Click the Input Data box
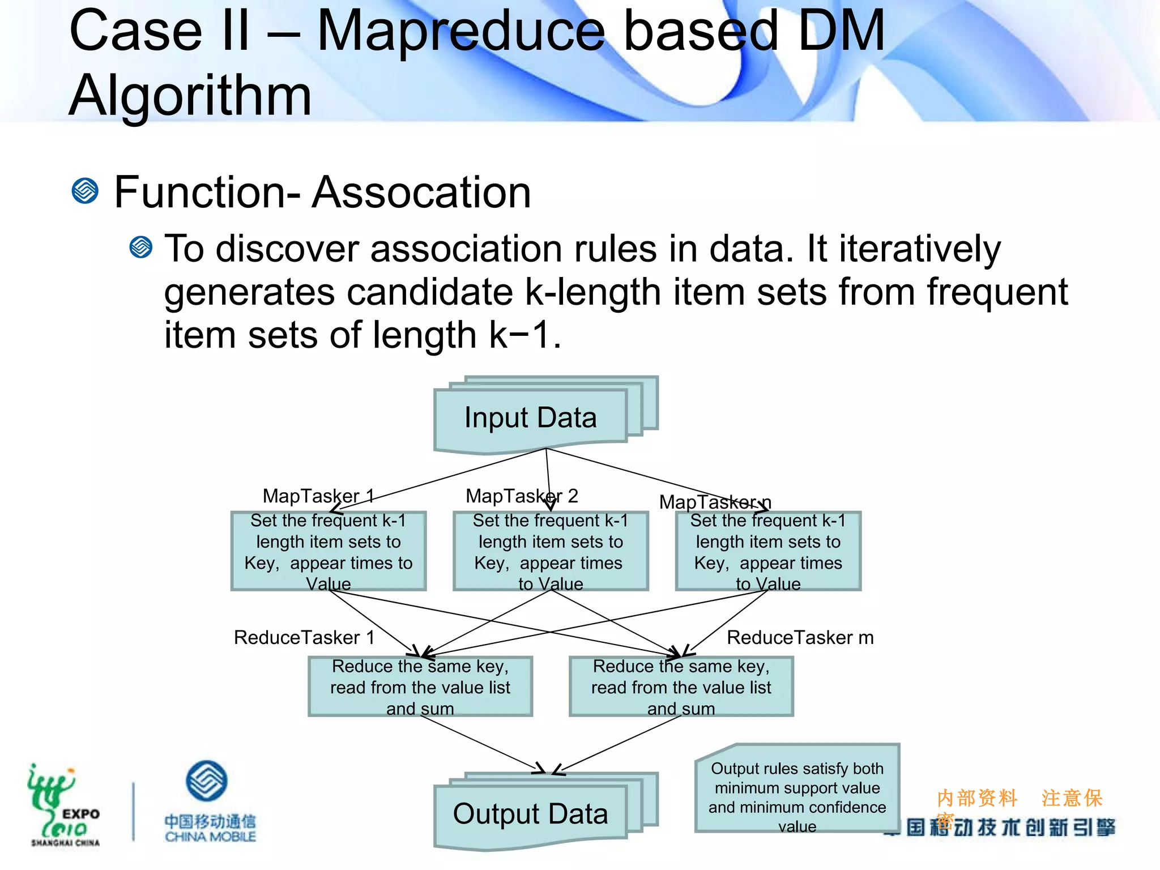point(531,418)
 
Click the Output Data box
point(531,814)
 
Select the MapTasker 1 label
point(318,496)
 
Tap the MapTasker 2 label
point(522,496)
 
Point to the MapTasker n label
point(715,502)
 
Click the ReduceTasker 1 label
point(304,638)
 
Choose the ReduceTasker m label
point(800,638)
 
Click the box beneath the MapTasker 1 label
point(329,551)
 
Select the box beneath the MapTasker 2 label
point(551,551)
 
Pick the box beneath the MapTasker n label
point(768,551)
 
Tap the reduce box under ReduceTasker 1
point(420,686)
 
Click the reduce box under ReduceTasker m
point(681,686)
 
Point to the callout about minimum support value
point(797,788)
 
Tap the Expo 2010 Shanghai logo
point(63,804)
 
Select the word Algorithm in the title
point(190,95)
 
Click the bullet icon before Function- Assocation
point(86,191)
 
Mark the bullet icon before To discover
point(141,248)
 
